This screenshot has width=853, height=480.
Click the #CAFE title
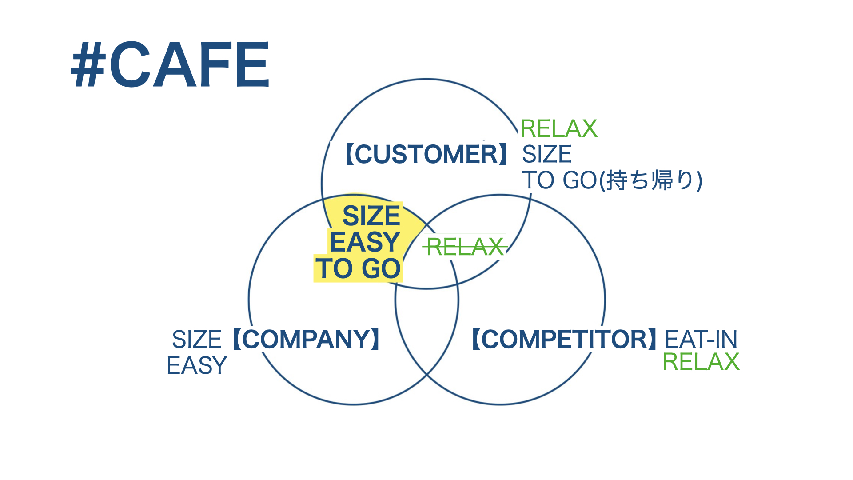click(x=170, y=64)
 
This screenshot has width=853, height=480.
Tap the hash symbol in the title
click(x=88, y=64)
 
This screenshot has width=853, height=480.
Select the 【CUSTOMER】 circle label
click(x=426, y=154)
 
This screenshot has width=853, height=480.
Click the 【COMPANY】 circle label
click(x=306, y=339)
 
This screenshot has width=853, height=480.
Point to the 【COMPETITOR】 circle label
click(x=564, y=339)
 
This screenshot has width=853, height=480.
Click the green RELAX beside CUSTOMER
click(x=559, y=128)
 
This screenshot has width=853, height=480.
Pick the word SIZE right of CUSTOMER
click(x=547, y=154)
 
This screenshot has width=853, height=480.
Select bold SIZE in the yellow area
click(x=371, y=216)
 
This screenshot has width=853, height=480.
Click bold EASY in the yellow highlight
click(x=365, y=242)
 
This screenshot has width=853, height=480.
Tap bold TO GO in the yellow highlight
click(x=358, y=268)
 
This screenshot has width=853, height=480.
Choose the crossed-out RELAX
click(x=465, y=247)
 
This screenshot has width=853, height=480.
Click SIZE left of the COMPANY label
click(x=197, y=340)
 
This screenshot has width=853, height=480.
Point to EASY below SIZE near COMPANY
click(x=197, y=365)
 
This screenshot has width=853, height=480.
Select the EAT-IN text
click(x=701, y=340)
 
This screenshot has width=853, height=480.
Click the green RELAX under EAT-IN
click(x=701, y=361)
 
